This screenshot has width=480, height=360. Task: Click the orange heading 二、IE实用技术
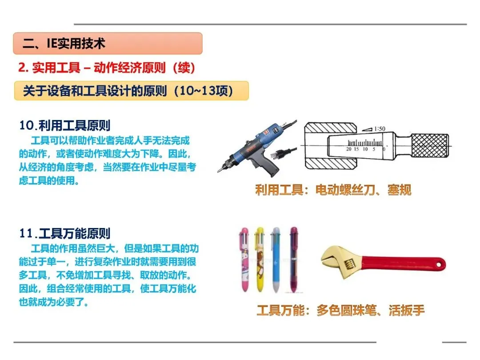pos(64,44)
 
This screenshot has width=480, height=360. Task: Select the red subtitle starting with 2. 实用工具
pos(107,68)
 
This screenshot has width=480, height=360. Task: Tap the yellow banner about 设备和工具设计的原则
pos(131,91)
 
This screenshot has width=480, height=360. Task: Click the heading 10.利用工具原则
pos(64,125)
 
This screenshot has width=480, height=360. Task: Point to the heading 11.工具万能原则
pos(64,233)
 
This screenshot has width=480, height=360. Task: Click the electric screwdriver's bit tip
pos(219,171)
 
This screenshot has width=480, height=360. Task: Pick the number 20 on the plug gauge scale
pos(348,149)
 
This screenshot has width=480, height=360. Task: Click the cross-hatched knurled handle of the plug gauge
pos(430,146)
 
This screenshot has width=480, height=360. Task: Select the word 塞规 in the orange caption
pos(399,190)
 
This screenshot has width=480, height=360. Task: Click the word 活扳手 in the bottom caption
pos(407,310)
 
